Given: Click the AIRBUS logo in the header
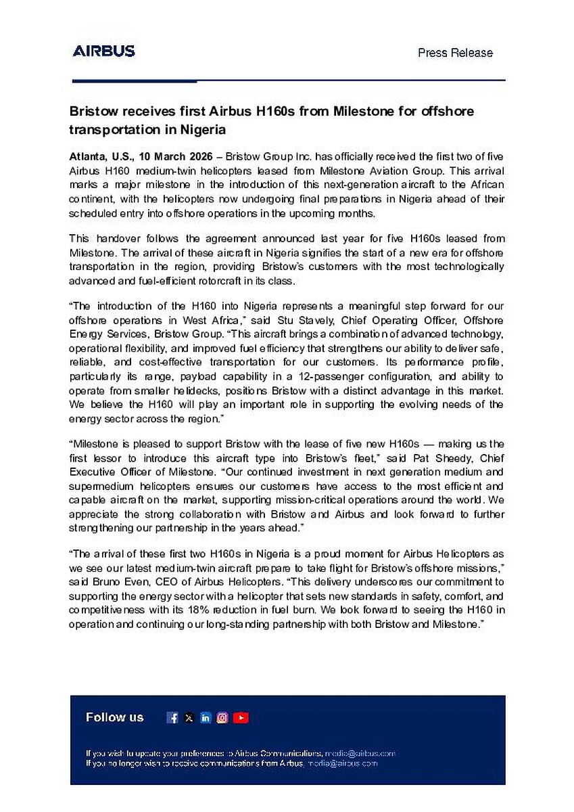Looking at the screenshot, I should tap(103, 51).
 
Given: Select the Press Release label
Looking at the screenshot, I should tap(455, 53).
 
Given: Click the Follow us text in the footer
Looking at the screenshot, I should tap(115, 717).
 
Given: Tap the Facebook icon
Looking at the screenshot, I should tap(172, 718).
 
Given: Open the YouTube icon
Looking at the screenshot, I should tap(241, 718).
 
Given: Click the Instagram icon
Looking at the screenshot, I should tap(222, 718).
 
